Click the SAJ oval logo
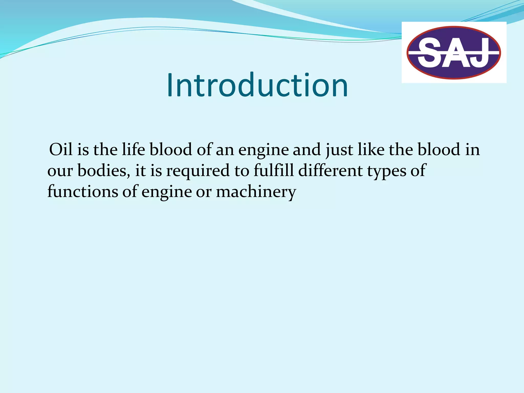454,52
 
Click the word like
371,149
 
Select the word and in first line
307,149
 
